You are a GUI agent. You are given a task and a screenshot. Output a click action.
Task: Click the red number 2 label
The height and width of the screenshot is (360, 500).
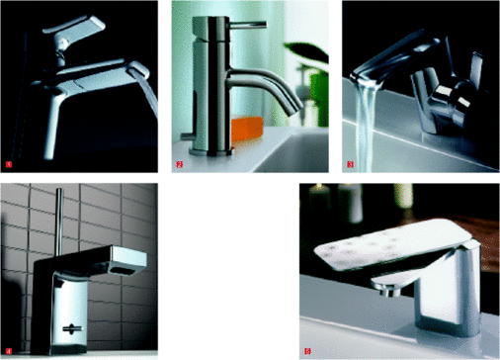tap(180, 163)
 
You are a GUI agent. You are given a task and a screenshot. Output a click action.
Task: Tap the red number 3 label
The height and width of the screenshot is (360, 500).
tap(350, 163)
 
